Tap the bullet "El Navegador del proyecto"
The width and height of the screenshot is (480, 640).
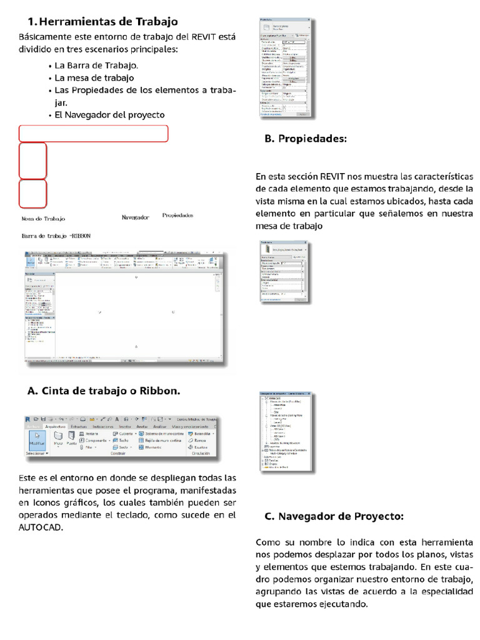click(109, 115)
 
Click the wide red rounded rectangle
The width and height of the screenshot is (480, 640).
click(94, 134)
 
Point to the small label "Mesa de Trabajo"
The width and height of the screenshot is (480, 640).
click(43, 219)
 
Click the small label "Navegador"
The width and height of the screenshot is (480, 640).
click(135, 217)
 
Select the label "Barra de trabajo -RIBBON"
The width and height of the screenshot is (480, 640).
click(56, 236)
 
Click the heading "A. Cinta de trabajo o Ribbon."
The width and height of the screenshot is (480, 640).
click(104, 391)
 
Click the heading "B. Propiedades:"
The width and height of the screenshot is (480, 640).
click(305, 138)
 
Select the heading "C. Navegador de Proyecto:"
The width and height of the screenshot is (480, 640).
click(334, 516)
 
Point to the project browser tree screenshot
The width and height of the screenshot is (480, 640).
click(285, 431)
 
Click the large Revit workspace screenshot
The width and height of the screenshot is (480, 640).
click(125, 309)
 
